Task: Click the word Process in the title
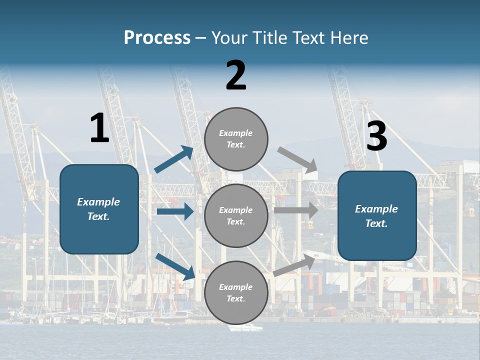157,38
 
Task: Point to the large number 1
99,128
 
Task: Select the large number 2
236,75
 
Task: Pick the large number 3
376,136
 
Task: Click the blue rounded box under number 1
99,209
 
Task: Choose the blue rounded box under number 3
377,215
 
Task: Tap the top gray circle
236,139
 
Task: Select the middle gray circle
236,215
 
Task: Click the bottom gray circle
236,292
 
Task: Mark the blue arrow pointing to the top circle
174,159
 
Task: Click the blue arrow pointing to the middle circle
175,211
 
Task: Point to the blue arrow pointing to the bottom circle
175,266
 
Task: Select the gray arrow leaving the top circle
297,159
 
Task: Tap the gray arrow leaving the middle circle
296,210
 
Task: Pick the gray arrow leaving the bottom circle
294,265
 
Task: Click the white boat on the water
245,328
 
